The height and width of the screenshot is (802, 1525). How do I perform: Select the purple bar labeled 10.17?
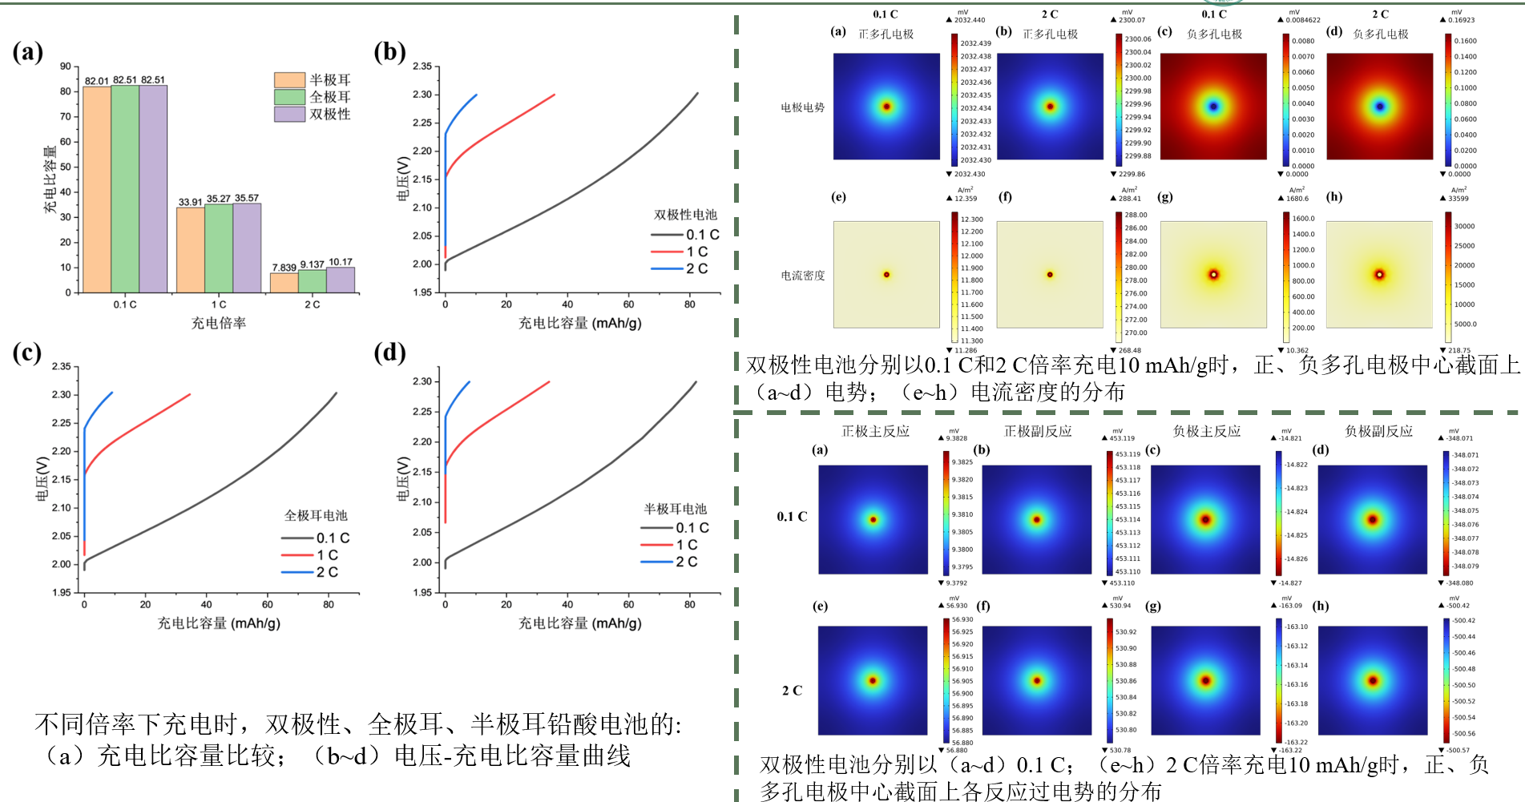(x=341, y=280)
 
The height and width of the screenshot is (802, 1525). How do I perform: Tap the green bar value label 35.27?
(x=218, y=199)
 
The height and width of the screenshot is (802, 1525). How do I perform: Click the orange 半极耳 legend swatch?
(x=289, y=80)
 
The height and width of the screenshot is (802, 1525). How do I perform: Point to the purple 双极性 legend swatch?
(x=289, y=114)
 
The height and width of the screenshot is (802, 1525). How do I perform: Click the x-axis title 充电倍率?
(x=218, y=323)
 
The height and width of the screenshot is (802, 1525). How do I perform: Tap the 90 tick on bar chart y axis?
(x=66, y=66)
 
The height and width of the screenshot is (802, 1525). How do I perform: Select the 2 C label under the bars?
(x=312, y=304)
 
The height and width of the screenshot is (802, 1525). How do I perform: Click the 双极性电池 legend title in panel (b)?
(x=685, y=215)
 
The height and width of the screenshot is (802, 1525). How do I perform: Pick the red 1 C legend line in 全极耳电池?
(x=297, y=554)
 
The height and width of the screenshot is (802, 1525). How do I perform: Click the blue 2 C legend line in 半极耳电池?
(x=656, y=562)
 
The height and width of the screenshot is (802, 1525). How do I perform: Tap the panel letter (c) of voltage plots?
(x=26, y=353)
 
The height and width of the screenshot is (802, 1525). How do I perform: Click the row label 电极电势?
(x=802, y=107)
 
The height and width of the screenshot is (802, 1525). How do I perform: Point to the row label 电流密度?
(x=802, y=276)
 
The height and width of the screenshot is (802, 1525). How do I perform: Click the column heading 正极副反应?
(x=1038, y=431)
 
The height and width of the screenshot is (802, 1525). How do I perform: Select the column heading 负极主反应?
(x=1206, y=431)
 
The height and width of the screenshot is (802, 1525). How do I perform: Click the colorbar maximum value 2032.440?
(x=969, y=20)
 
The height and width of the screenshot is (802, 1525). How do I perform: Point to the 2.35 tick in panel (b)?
(x=422, y=66)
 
